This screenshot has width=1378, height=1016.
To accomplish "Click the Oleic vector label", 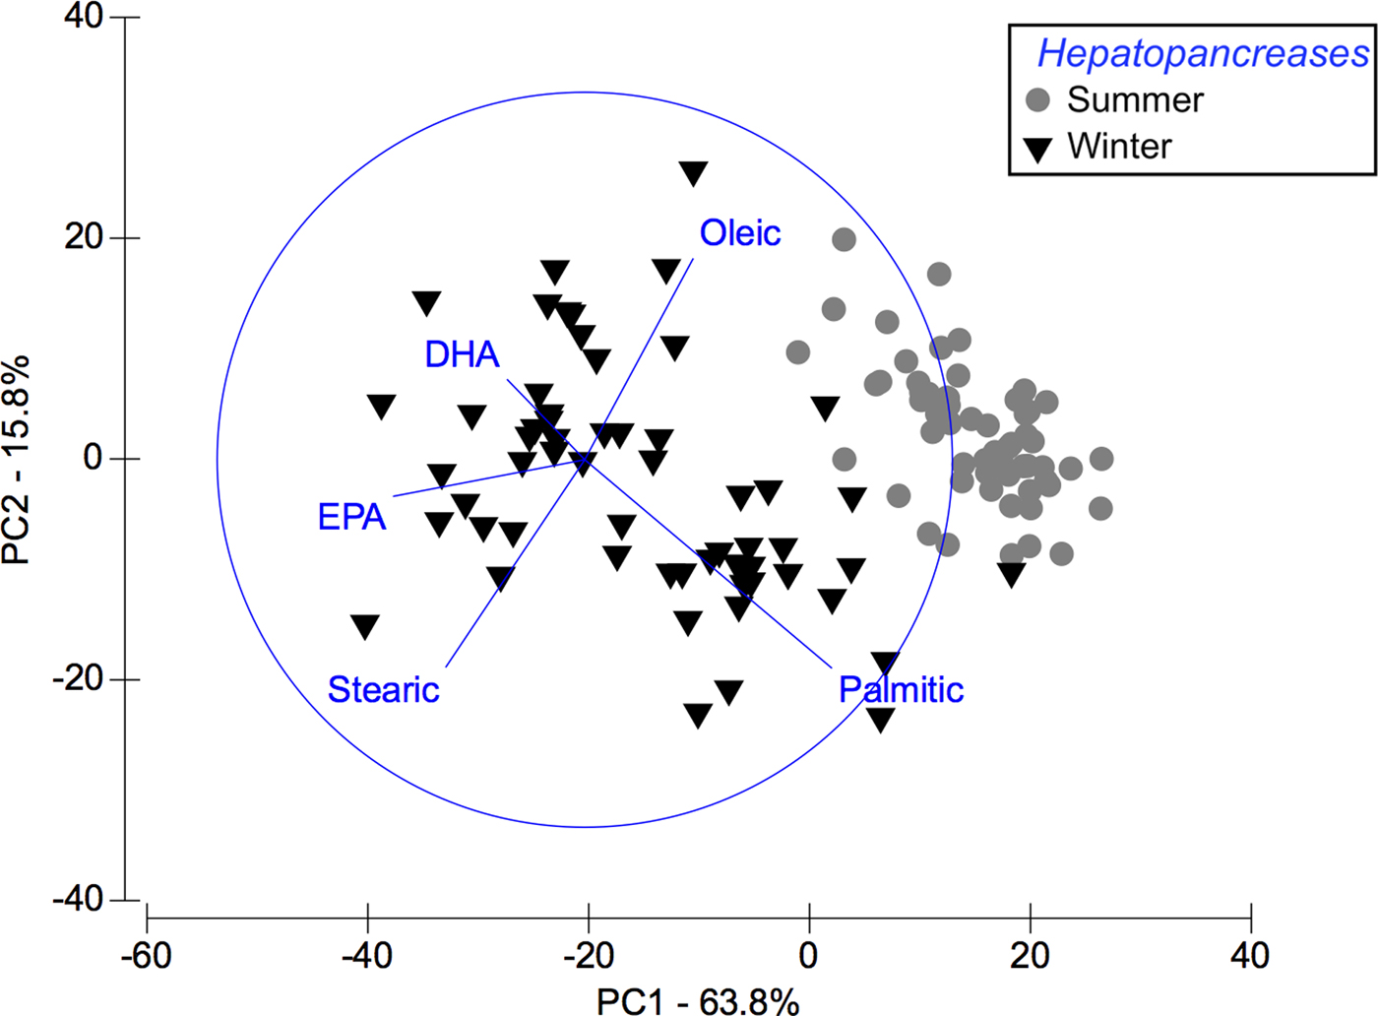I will pos(740,233).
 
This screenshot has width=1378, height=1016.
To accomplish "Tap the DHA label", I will pos(462,354).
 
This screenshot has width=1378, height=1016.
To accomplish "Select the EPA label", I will pos(351,517).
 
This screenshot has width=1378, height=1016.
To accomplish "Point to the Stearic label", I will pos(383,689).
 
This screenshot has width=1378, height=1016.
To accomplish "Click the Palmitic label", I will pos(901,689).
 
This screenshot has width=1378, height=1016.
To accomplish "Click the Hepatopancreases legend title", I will pos(1202,53).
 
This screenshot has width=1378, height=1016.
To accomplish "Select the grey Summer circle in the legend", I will pos(1038,99).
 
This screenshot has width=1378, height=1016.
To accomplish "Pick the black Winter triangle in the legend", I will pos(1038,149).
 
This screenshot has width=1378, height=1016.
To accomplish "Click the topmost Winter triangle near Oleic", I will pos(693,173).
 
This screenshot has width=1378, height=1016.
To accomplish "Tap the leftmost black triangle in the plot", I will pos(365,626).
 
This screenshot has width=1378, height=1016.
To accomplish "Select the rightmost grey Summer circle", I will pos(1101,459).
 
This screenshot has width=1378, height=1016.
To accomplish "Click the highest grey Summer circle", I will pos(844,239).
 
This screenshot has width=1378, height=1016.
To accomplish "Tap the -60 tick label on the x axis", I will pos(146,954).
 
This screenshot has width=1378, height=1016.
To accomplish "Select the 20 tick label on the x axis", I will pos(1030,954).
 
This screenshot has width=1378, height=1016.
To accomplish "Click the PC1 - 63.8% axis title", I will pos(698,1000).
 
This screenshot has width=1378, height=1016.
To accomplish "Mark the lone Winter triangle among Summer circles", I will pos(1012,574).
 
